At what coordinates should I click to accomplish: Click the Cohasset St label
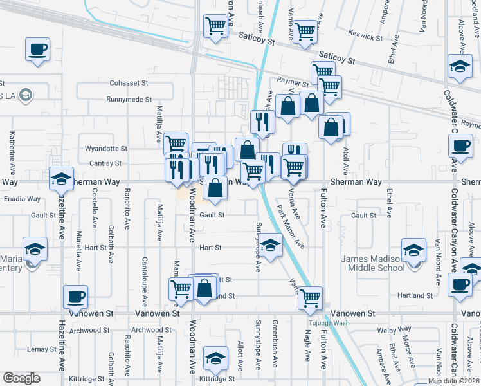(129, 83)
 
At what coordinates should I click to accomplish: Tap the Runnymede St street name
(129, 100)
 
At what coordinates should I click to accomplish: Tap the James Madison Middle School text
(372, 263)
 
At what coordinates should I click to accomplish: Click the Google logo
(21, 378)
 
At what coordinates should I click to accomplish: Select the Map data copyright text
(453, 381)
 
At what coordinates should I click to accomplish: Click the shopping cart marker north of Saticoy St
(215, 27)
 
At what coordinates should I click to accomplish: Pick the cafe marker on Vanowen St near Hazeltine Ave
(76, 297)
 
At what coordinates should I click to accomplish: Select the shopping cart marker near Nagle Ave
(311, 298)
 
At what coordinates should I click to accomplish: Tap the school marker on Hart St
(271, 245)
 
